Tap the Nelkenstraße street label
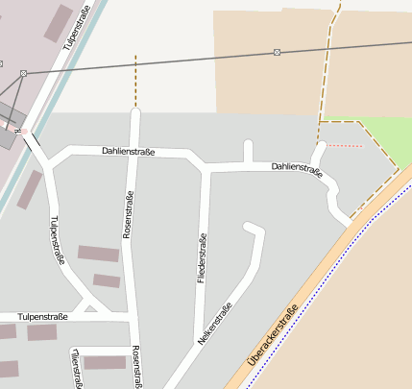click(216, 324)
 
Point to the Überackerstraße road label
click(274, 334)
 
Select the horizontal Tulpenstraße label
click(41, 316)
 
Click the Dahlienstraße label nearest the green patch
click(296, 168)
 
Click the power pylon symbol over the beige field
click(278, 51)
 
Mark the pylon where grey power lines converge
click(23, 72)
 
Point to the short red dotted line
click(347, 146)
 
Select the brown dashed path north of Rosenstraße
click(135, 81)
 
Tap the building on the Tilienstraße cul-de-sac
click(105, 362)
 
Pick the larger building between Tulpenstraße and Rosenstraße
click(98, 254)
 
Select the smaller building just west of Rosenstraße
click(107, 280)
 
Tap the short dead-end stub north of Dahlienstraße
click(248, 152)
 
